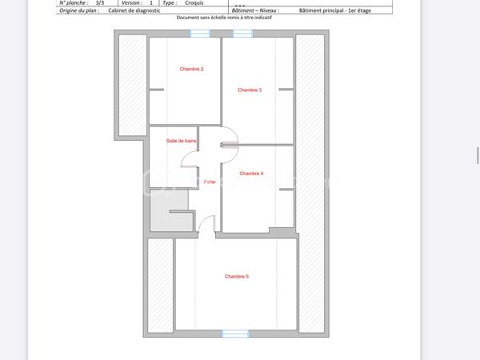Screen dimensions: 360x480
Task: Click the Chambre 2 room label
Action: (191, 70)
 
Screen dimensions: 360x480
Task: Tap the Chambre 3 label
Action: (250, 90)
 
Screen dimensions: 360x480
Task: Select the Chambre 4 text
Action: (251, 174)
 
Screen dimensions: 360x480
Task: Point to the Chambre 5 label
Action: (237, 277)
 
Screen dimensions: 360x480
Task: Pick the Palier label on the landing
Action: (210, 182)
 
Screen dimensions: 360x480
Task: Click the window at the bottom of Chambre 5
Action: (235, 334)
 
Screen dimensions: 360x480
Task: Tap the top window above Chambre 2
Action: (200, 34)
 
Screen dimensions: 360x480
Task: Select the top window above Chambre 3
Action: (242, 34)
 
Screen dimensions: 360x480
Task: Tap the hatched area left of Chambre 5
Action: (160, 286)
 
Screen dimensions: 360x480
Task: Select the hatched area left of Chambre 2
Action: (132, 84)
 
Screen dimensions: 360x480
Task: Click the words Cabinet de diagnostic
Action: (134, 11)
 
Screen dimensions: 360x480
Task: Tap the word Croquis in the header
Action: (194, 3)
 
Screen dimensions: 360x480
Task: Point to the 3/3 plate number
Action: (99, 3)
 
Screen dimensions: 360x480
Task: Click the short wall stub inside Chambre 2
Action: (157, 90)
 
